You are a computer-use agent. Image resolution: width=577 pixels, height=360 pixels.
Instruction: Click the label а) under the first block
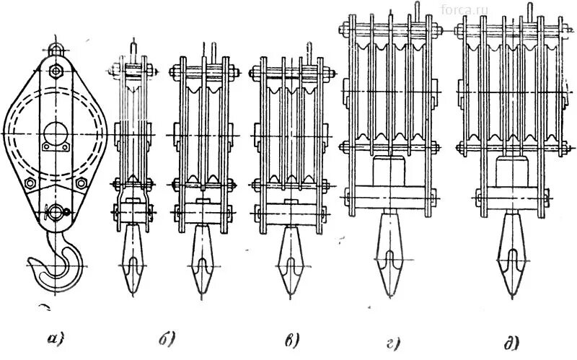click(55, 336)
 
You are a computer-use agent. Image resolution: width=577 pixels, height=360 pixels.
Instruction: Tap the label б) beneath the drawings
click(167, 337)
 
